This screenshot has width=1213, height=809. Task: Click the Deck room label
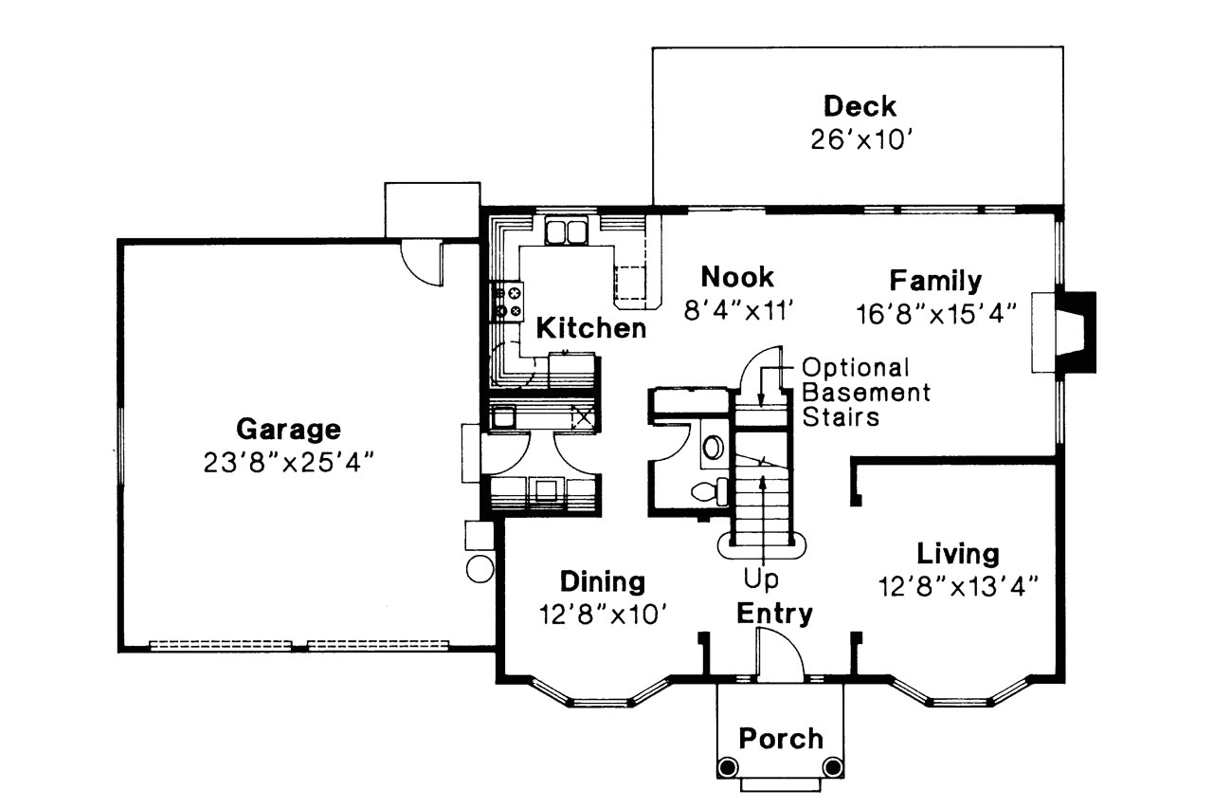coord(859,105)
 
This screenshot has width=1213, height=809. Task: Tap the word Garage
coord(287,430)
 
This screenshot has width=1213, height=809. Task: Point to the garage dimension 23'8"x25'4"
coord(287,463)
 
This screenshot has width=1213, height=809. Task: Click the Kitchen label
coord(591,329)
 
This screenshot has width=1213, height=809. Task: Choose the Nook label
coord(736,277)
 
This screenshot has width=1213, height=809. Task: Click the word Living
coord(957,553)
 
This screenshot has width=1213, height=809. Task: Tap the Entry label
coord(774,614)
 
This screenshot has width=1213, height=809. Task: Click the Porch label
coord(781,738)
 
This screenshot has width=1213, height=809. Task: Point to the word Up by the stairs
coord(761,578)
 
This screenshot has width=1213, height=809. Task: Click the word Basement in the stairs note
coord(866,392)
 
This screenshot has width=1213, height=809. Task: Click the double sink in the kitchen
coord(566,230)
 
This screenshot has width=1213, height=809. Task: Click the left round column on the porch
coord(727,766)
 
